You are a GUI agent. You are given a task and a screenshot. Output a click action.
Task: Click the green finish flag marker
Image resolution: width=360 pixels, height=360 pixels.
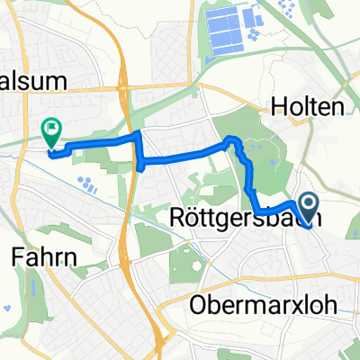[50, 133]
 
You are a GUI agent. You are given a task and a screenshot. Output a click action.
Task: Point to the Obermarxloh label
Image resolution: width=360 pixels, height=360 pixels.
[264, 306]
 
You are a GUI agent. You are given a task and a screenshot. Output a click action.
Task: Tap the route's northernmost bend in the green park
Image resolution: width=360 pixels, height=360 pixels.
[232, 139]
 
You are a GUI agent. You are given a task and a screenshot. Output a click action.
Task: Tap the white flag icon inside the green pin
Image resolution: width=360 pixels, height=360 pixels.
[50, 130]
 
